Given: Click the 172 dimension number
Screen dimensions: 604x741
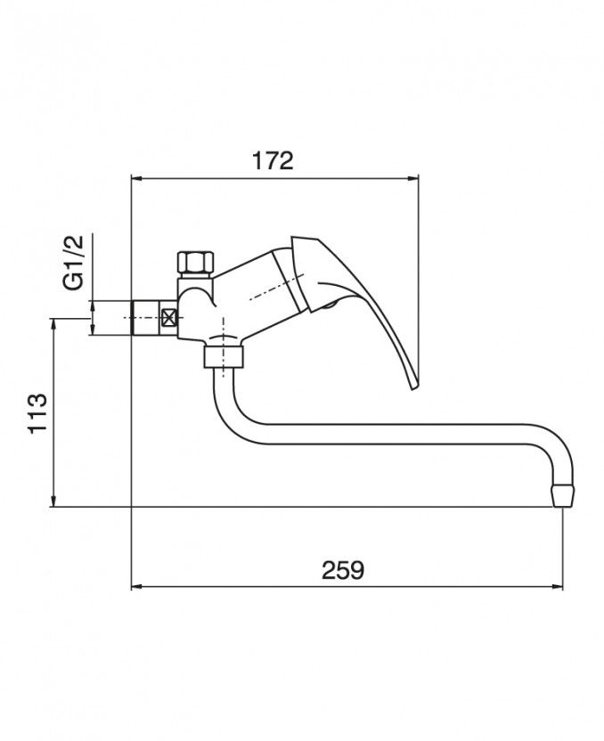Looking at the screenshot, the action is coord(273,160).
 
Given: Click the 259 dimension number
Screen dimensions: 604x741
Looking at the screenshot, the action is coord(343,570).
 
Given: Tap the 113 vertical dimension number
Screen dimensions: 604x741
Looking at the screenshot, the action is coord(37,412).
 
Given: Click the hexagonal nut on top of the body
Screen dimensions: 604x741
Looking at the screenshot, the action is coord(196,263).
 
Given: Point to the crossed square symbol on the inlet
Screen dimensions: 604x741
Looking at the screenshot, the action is coord(169,317).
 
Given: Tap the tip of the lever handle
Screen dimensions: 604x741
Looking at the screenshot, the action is coord(414,387).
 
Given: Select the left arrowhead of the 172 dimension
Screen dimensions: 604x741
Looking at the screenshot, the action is coord(136,178).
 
